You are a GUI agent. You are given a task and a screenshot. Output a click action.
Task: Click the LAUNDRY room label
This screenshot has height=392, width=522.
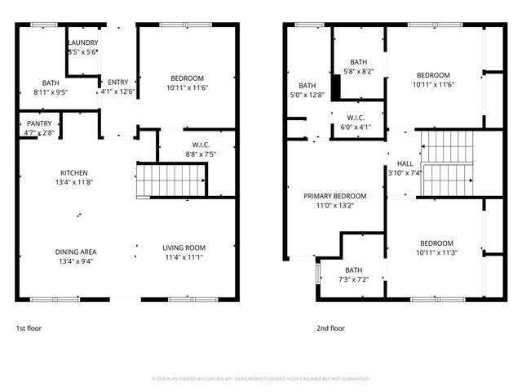82,42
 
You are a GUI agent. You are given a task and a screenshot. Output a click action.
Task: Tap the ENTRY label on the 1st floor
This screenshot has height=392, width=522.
118,82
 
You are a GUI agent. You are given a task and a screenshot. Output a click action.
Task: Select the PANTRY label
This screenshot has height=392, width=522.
39,123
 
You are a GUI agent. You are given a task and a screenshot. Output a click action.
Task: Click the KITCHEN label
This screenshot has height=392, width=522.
74,173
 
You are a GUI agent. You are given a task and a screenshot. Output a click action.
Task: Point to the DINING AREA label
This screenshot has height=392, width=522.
74,252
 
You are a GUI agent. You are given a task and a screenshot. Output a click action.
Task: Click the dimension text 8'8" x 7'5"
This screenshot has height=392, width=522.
186,154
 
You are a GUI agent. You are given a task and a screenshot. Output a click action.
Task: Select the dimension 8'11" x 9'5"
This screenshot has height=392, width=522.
51,92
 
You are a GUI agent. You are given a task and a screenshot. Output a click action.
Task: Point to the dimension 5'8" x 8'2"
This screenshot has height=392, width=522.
359,72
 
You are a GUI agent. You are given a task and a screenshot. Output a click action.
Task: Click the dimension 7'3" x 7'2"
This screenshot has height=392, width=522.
353,279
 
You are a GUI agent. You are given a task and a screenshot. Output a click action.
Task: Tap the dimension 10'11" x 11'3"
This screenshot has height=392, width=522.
436,252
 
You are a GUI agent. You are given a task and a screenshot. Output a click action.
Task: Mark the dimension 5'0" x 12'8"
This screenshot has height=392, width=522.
307,95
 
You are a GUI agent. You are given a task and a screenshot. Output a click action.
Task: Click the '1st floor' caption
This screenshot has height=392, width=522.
29,328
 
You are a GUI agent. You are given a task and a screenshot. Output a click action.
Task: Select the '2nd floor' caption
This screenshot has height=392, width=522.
331,328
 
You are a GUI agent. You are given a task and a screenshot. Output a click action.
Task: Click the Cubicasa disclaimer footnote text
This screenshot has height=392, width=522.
261,379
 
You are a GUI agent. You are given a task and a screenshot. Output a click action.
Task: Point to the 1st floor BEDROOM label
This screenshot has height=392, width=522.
187,78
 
